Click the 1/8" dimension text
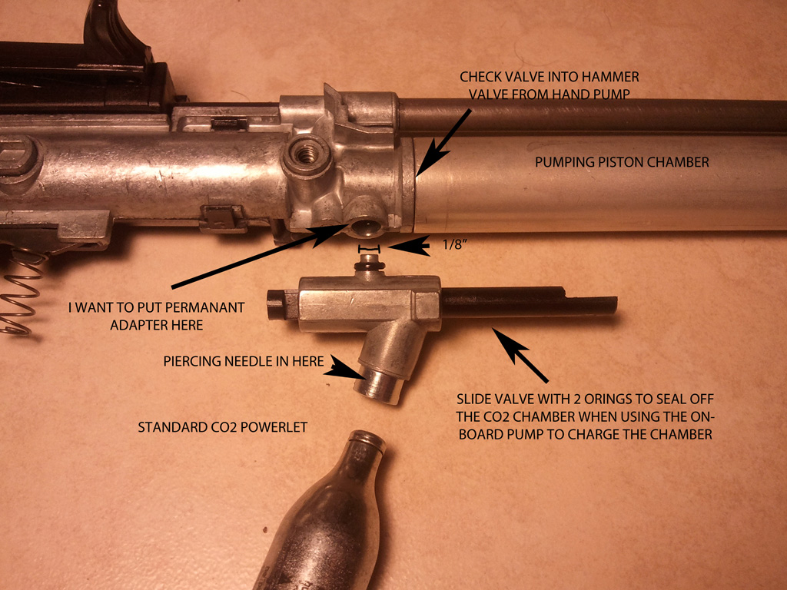pos(455,245)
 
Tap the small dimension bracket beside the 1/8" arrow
pos(369,248)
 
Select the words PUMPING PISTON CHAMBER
pos(622,162)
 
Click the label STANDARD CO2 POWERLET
pos(222,427)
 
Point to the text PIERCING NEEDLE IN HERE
pos(244,361)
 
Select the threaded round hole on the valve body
pos(307,154)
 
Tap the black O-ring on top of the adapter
pos(369,264)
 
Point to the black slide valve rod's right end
pos(614,306)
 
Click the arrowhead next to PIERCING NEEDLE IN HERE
pos(346,368)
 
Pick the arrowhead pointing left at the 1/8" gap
pos(409,246)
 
